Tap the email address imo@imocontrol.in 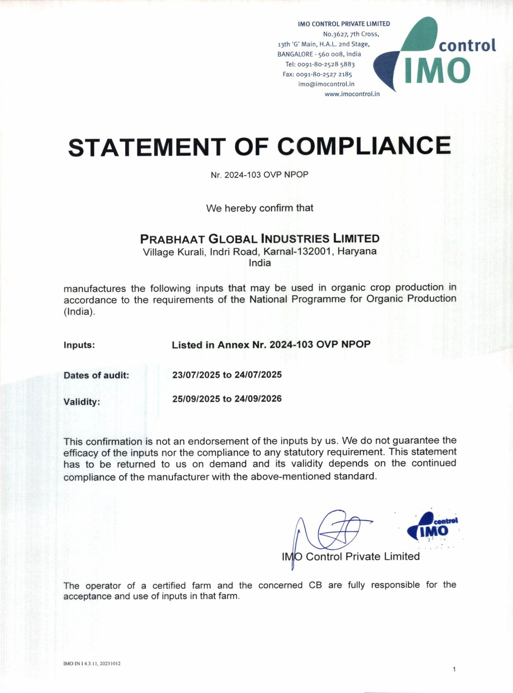326,84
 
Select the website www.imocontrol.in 352,94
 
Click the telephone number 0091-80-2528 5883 326,64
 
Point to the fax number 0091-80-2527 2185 324,74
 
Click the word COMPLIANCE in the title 364,146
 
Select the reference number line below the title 259,175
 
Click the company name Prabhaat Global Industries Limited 260,239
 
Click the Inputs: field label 79,345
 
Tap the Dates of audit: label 96,375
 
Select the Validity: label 81,402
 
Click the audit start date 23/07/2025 196,375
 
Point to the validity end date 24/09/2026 258,399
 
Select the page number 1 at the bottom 454,669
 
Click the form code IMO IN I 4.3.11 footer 92,664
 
